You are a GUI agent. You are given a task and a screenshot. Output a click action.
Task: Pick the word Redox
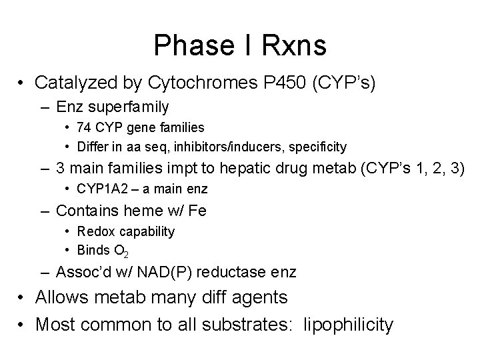93,231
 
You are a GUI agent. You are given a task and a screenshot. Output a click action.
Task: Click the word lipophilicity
348,325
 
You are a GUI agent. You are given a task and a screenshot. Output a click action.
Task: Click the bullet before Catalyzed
22,84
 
